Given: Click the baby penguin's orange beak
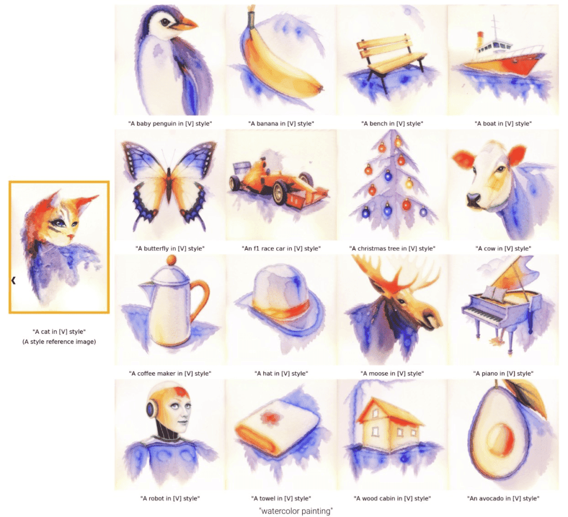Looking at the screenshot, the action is tap(185, 24).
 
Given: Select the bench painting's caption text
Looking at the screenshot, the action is tap(392, 124).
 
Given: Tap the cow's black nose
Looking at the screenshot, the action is tap(473, 200).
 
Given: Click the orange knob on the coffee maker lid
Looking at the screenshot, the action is tap(171, 260).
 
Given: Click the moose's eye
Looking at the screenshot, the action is tap(402, 301).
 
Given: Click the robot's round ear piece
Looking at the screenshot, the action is tap(151, 409).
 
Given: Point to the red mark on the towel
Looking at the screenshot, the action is tap(269, 417).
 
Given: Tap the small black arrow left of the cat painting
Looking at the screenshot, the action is tap(13, 281).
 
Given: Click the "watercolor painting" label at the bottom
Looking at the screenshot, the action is tap(296, 511).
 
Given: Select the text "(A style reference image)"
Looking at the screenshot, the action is tap(59, 342).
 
